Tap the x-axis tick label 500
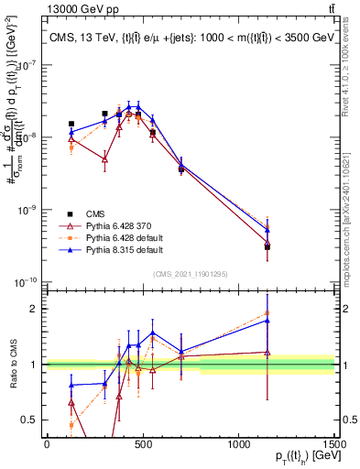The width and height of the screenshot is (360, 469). [143, 444]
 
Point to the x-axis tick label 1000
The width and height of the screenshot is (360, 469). [238, 444]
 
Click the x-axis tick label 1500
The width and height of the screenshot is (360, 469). [334, 444]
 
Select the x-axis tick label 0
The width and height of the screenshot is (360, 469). [47, 444]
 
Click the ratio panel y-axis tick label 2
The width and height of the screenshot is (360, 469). [35, 309]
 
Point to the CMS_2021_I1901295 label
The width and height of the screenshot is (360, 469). [190, 274]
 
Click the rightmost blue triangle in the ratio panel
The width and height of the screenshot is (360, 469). [267, 320]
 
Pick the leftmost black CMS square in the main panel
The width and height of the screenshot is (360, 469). [71, 124]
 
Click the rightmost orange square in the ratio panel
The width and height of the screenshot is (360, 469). [267, 312]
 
